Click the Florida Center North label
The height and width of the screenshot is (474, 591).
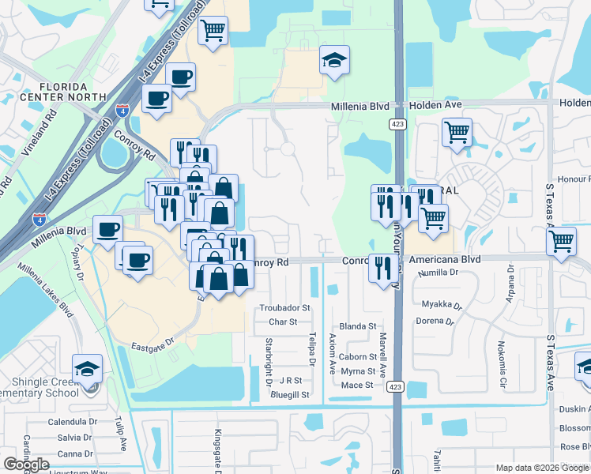coord(55,92)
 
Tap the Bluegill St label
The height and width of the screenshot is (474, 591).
coord(290,393)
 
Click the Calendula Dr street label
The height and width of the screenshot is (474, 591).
coord(71,422)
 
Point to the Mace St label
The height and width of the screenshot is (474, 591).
coord(356,385)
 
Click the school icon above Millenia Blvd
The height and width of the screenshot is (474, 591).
coord(334,60)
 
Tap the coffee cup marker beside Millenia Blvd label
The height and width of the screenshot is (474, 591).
coord(107,229)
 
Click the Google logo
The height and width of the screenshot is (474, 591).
coord(26,465)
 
